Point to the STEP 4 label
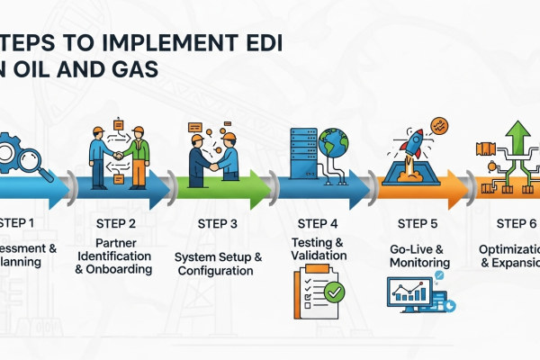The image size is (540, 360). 318,223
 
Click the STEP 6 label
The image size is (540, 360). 515,223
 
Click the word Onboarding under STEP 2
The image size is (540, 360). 122,268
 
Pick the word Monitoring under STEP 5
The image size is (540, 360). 415,262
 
